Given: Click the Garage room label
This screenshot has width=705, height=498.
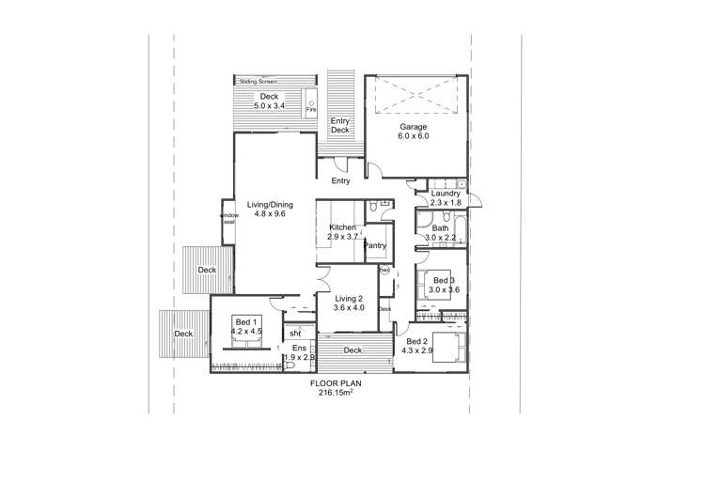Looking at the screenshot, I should [415, 126].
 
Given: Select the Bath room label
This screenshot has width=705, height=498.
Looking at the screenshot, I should [440, 228].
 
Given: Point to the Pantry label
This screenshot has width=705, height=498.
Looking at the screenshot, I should [376, 245].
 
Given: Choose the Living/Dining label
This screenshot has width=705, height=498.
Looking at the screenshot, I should [270, 204].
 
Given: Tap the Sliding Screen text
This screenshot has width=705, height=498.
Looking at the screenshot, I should [258, 82].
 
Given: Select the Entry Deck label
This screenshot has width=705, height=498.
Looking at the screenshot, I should [339, 126].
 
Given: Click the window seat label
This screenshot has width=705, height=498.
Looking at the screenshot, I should [229, 218].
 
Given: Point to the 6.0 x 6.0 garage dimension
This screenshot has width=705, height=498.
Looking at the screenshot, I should [415, 136].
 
